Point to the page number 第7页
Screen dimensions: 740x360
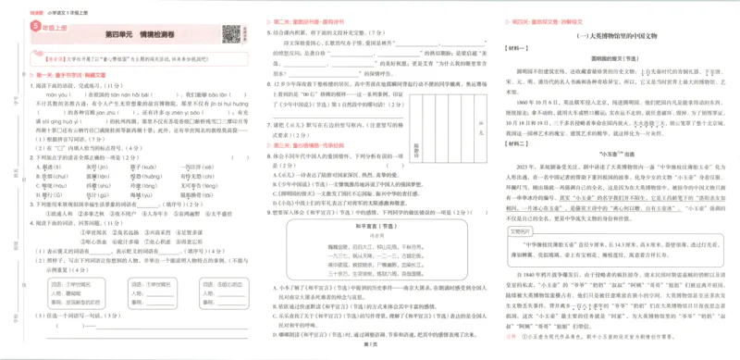[370, 343]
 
